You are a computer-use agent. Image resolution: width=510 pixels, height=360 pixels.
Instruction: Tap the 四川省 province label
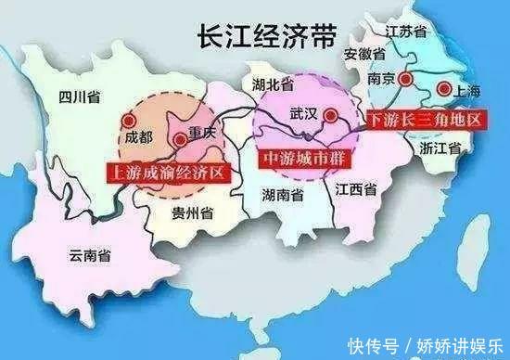tap(78, 96)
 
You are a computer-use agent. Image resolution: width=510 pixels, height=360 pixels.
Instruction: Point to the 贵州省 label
tap(193, 213)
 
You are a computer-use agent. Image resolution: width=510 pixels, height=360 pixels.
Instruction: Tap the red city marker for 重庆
tap(179, 140)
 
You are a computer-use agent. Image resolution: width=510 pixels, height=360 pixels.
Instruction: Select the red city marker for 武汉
tap(332, 118)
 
